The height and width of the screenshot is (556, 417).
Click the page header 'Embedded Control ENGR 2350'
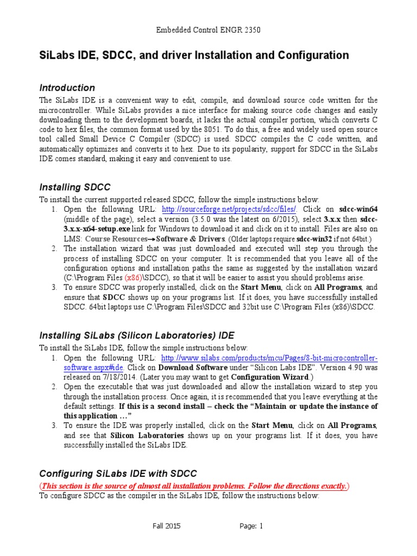208,30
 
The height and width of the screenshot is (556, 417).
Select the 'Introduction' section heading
67,87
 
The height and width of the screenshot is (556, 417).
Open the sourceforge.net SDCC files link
230,210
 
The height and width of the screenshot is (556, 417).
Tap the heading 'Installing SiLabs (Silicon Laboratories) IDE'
137,334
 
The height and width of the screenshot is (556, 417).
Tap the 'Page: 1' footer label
251,526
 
